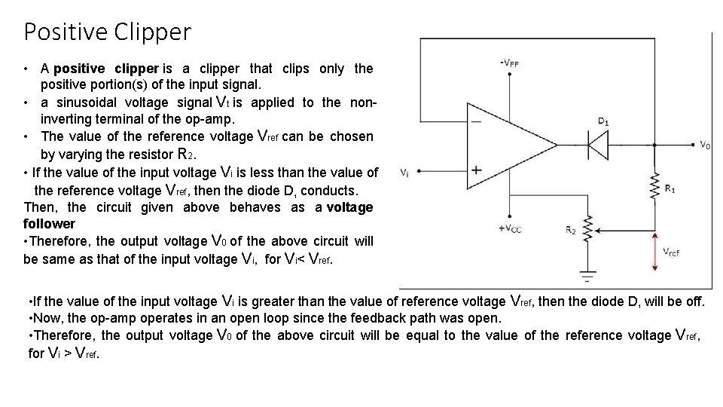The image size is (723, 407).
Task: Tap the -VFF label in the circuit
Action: (x=509, y=63)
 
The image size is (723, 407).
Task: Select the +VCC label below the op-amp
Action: (x=510, y=229)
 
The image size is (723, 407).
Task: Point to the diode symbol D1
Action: (x=599, y=143)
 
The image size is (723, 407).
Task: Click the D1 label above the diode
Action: (x=603, y=121)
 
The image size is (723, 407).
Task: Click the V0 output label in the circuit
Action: (x=704, y=145)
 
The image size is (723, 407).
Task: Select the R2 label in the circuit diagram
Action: (x=571, y=230)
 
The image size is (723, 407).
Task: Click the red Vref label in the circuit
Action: (x=671, y=252)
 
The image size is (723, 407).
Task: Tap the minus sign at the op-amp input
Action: (x=476, y=121)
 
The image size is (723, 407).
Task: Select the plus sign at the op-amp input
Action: (x=476, y=170)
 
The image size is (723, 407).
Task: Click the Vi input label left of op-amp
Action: (x=405, y=172)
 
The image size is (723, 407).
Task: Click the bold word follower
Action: (x=50, y=224)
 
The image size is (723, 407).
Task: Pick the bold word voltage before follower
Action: (x=349, y=207)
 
